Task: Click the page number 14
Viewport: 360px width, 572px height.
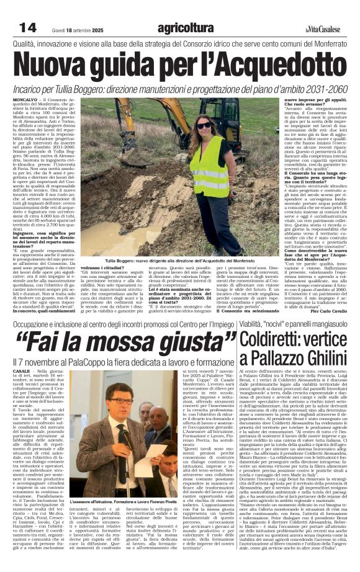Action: pyautogui.click(x=27, y=27)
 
